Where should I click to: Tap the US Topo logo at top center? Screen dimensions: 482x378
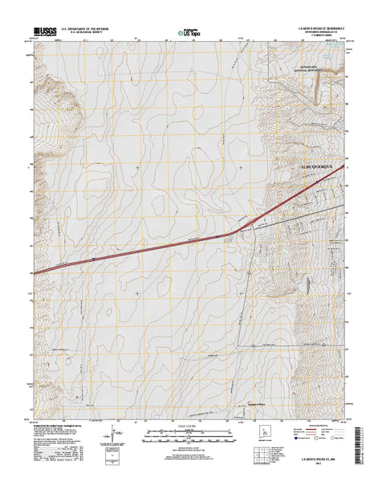click(x=190, y=34)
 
